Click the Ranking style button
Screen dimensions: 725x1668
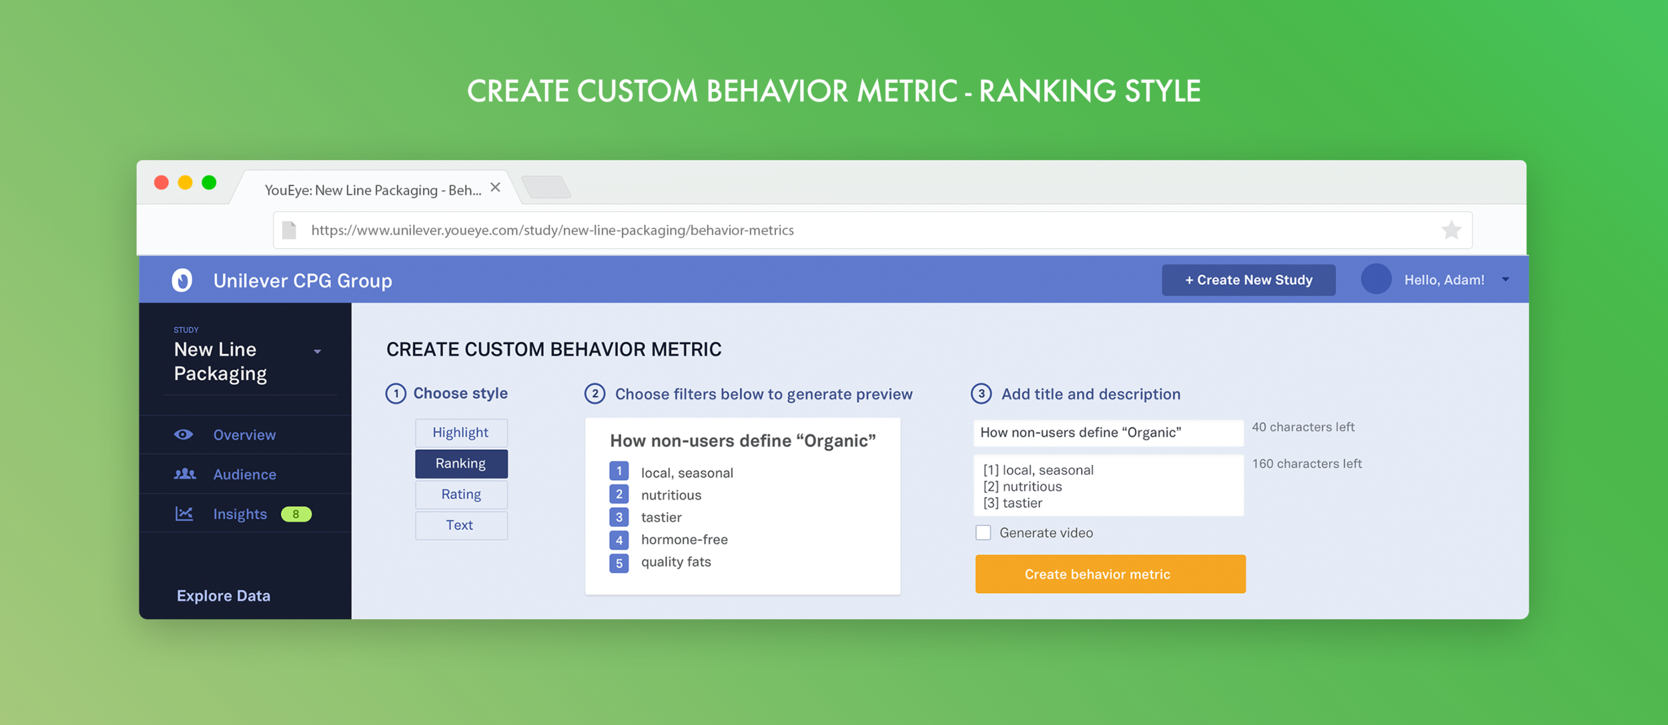[461, 464]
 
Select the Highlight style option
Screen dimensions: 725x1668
[461, 433]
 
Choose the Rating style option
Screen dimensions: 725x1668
[461, 494]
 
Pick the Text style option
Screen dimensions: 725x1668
[461, 526]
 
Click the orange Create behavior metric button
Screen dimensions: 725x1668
[1110, 574]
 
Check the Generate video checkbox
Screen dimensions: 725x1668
[983, 533]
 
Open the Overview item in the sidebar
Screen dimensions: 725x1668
[244, 435]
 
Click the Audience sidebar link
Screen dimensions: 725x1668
[244, 474]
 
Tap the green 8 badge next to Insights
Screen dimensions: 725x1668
[296, 514]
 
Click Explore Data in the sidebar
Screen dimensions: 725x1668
[224, 596]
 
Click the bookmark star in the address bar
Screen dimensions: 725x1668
[1451, 230]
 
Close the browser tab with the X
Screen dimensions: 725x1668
[495, 187]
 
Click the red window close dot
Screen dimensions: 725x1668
[161, 183]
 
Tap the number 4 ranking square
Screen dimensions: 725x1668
[618, 540]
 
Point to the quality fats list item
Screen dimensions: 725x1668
[676, 562]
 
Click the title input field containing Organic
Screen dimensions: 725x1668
[1108, 433]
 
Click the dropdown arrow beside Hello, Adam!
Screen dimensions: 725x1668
[1506, 280]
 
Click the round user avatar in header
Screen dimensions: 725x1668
[1376, 279]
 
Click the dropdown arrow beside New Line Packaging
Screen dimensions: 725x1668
[318, 351]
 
